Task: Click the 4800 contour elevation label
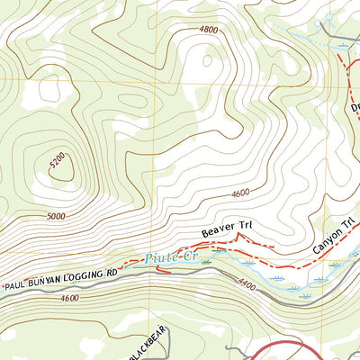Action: pos(209,29)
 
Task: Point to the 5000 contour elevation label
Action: pos(56,216)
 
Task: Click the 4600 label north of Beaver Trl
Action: pos(239,193)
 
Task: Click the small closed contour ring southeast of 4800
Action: pos(210,63)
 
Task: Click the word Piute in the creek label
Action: pos(157,258)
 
